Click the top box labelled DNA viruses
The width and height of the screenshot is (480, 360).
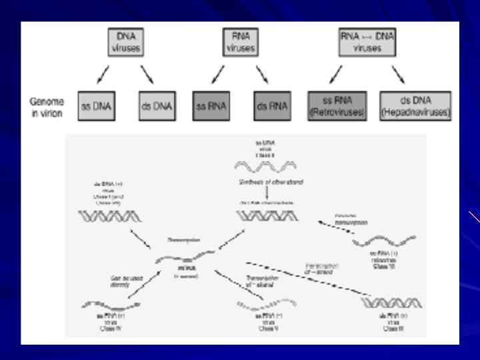[x=126, y=43]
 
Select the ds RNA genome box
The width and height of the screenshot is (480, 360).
[x=271, y=105]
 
